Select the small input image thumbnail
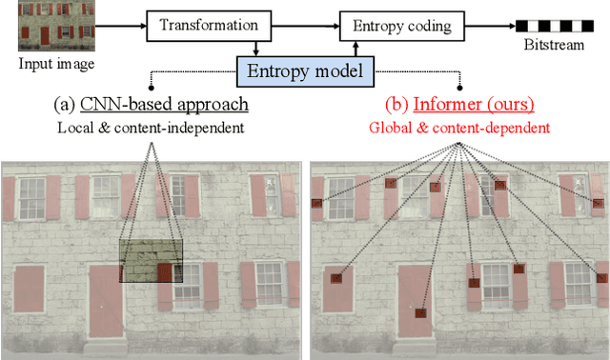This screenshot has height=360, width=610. pyautogui.click(x=45, y=26)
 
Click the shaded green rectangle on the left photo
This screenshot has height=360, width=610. pyautogui.click(x=151, y=261)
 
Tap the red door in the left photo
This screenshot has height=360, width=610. pyautogui.click(x=105, y=301)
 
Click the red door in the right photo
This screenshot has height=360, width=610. pyautogui.click(x=416, y=301)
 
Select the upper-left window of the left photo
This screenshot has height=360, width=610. pyautogui.click(x=32, y=198)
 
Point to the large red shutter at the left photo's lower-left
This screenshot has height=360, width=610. pyautogui.click(x=30, y=290)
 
